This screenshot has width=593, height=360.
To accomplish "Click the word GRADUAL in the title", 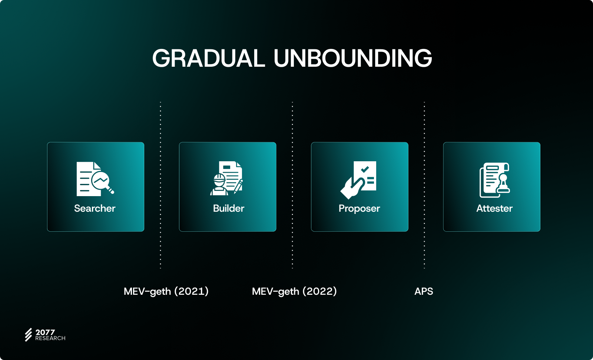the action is (x=209, y=58).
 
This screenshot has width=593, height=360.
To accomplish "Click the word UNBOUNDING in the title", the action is (x=352, y=58).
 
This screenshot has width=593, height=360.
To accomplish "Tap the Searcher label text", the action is (x=95, y=208).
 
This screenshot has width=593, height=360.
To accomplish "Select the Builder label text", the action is (x=228, y=208).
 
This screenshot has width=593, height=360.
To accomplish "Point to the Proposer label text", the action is (x=359, y=209).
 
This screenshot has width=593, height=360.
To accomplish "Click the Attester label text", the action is (x=494, y=208).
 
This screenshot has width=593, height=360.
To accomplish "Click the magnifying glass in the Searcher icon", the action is (x=102, y=182).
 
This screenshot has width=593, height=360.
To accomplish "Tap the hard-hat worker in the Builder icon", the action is (x=219, y=185).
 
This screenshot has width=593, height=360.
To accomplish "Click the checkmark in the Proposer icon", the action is (x=365, y=169).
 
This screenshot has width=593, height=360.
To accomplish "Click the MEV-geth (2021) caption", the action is (x=166, y=292).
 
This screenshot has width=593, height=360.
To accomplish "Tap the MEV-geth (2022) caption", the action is (x=294, y=292).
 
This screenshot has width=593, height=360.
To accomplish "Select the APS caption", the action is (x=424, y=291).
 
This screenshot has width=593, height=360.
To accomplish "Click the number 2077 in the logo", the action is (x=45, y=332).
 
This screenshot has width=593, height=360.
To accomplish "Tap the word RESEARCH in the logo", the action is (x=50, y=338).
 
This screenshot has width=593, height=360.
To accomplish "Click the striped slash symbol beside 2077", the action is (x=28, y=335).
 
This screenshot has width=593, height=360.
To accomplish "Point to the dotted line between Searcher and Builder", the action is (x=160, y=185).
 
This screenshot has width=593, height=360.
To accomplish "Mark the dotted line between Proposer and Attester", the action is (x=424, y=185).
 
